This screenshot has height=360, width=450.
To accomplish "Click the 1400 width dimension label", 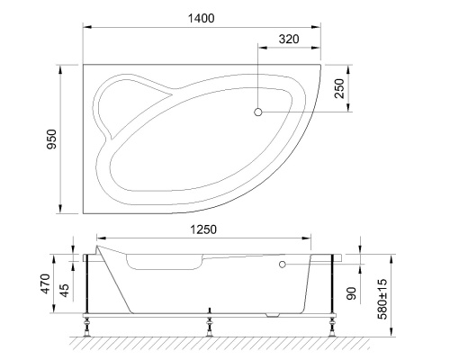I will [202, 19].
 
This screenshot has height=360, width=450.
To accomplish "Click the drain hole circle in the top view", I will [257, 112].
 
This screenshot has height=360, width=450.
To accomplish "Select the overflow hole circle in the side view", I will [282, 265].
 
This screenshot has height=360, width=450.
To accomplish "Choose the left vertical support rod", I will [86, 283].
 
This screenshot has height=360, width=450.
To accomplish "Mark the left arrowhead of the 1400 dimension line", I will [86, 27].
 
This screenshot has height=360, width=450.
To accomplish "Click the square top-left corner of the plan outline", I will [84, 63].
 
